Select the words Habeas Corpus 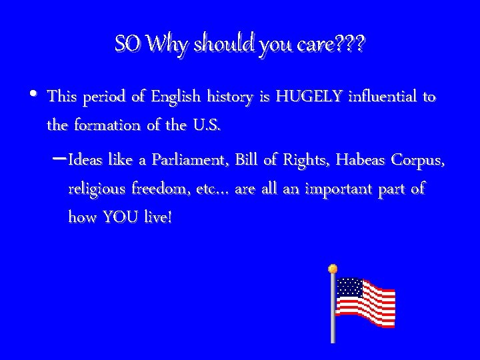(x=390, y=161)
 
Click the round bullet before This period (x=34, y=95)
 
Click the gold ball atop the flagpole (x=332, y=269)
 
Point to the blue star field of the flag (x=349, y=287)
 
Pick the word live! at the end (x=157, y=217)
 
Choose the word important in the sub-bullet (x=341, y=189)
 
